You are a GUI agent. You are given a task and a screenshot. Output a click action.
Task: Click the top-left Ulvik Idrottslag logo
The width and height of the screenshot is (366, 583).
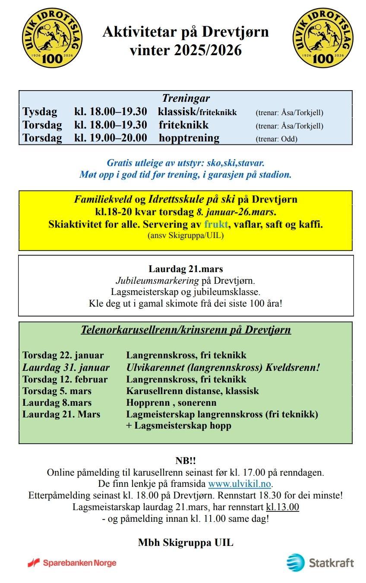[52, 38]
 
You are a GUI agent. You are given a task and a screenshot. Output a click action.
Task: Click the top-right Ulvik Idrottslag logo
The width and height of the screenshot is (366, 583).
[322, 38]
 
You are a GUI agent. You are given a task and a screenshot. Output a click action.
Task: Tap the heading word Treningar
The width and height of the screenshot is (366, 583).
[186, 98]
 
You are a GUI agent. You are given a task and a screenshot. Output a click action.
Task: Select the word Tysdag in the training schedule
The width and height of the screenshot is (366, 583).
[40, 112]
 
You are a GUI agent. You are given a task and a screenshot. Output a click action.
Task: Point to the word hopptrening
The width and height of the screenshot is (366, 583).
[189, 138]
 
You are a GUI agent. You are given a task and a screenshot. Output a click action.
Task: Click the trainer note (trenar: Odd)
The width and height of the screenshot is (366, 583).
[276, 139]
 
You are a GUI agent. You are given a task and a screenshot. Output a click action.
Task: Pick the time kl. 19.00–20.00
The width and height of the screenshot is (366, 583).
[110, 138]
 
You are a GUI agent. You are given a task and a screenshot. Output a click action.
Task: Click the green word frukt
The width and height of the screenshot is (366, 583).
[216, 224]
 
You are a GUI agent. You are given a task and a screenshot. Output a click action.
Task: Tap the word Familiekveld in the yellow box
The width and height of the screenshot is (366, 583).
[103, 200]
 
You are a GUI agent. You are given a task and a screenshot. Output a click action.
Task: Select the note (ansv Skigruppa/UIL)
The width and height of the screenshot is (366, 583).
[186, 235]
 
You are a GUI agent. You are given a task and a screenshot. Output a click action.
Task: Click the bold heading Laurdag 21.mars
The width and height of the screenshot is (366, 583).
[186, 269]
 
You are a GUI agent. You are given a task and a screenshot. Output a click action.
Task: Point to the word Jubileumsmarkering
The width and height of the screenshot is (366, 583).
[157, 280]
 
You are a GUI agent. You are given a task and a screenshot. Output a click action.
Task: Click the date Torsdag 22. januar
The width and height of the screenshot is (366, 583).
[63, 355]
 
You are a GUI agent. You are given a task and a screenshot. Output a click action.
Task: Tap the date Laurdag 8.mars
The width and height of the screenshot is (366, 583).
[57, 403]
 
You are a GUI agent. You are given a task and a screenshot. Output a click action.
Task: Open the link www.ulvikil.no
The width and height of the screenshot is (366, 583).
[240, 483]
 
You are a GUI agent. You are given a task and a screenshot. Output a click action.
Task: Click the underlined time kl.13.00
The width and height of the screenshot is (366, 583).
[282, 507]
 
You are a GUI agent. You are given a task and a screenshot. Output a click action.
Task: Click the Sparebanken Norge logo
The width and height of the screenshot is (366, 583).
[72, 563]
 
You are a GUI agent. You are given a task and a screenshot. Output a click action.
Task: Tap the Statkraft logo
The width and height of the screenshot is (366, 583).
[320, 562]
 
